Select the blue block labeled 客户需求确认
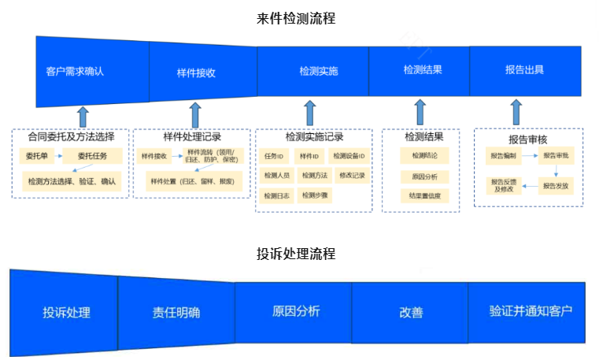tap(75, 71)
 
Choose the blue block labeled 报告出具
tap(524, 69)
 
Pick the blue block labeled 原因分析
tap(295, 311)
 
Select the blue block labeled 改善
tap(410, 312)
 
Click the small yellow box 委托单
tap(36, 156)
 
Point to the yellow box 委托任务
tap(93, 156)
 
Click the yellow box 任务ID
tap(274, 156)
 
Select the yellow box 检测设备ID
tap(348, 156)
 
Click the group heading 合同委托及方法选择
tap(72, 136)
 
